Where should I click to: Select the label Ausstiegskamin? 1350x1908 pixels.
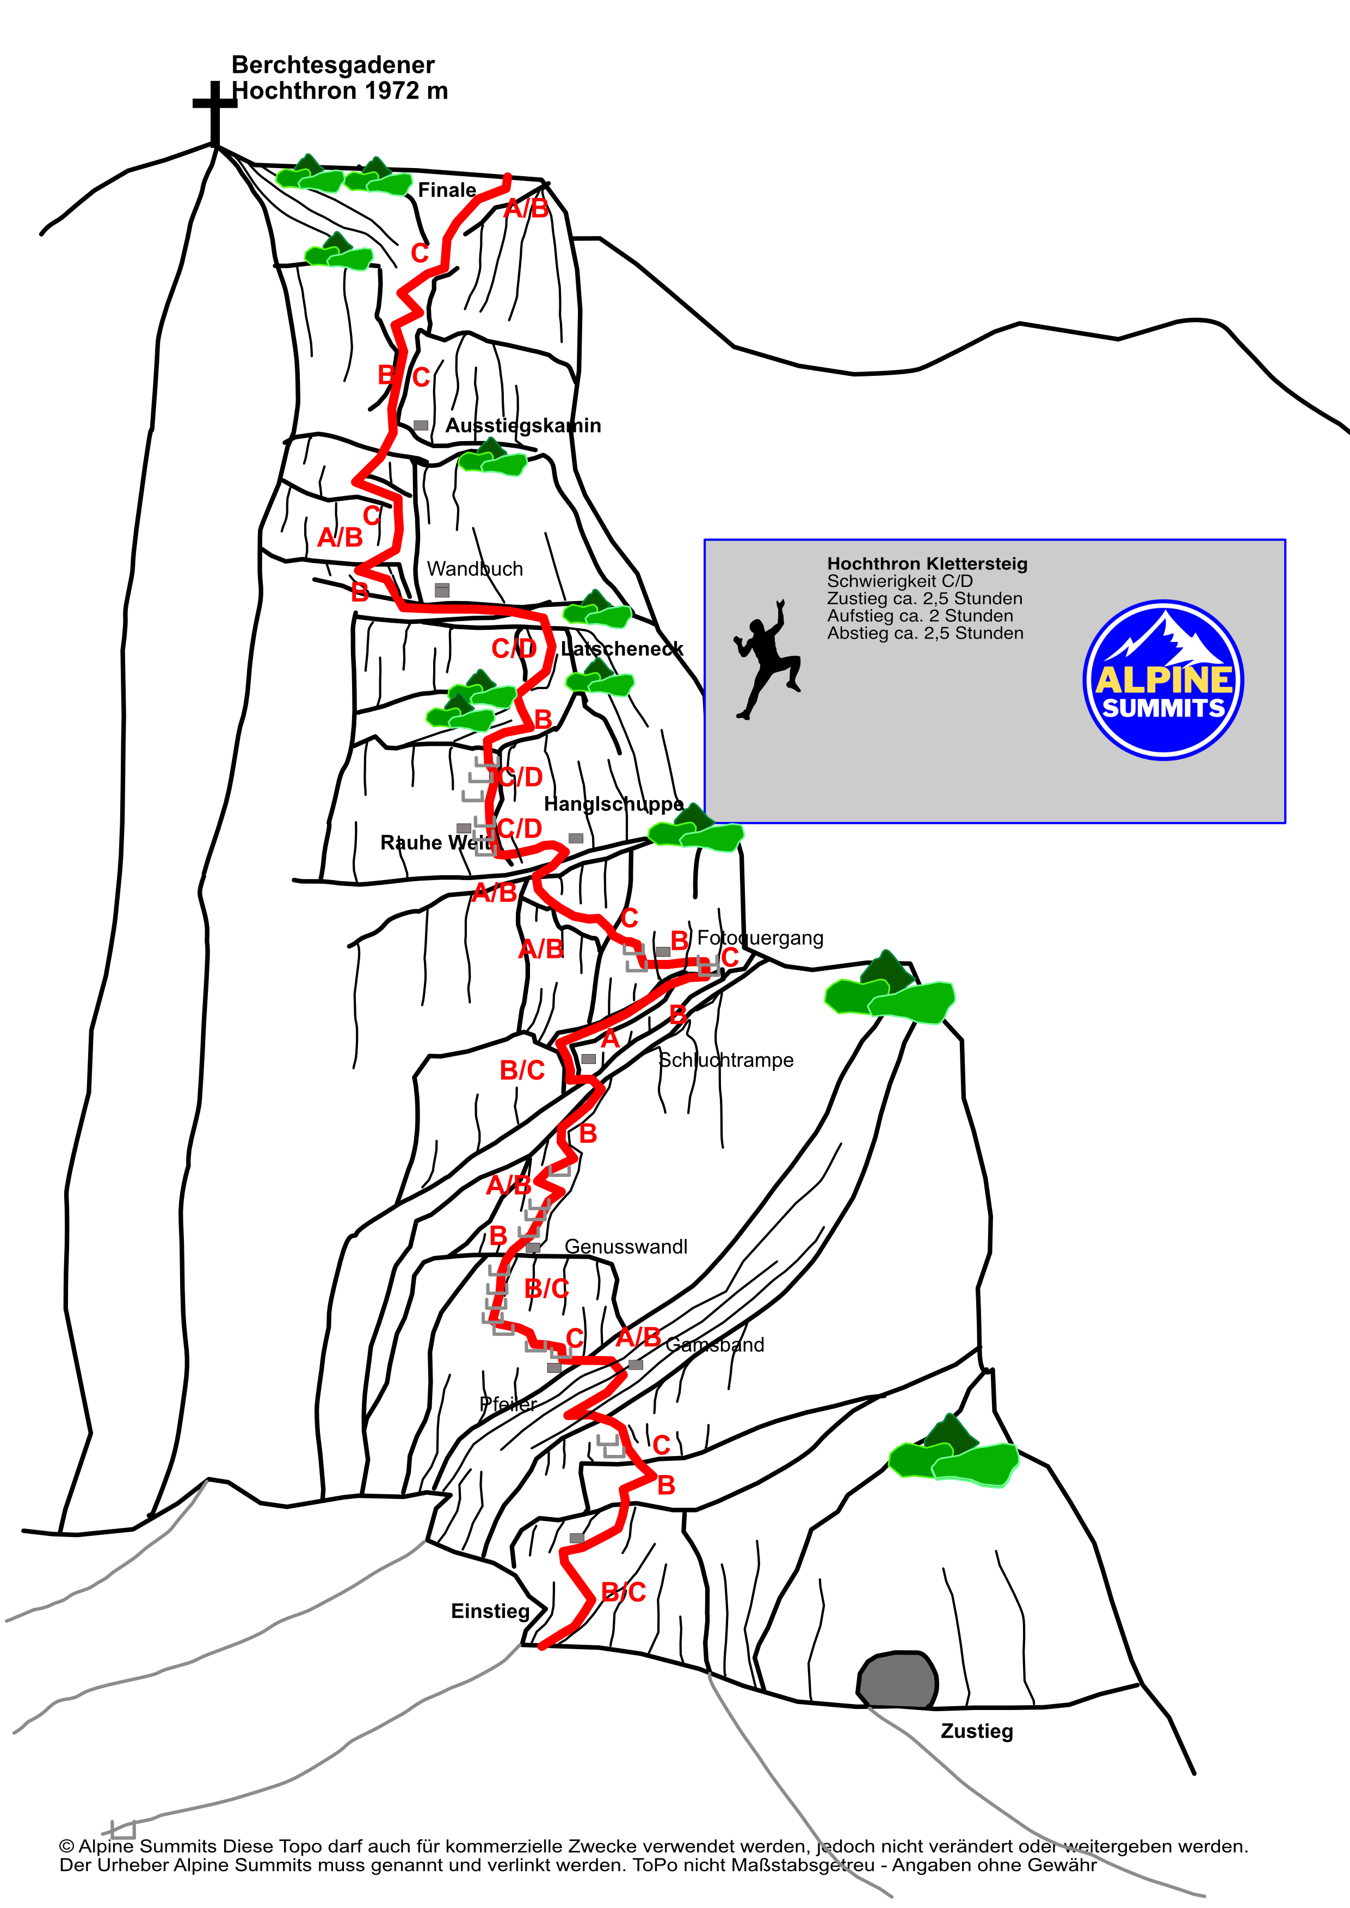coord(523,425)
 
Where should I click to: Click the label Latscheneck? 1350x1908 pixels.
coord(622,648)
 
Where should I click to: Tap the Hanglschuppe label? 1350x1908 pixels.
coord(613,804)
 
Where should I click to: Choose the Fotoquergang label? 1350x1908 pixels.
coord(760,938)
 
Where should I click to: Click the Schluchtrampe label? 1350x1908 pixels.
coord(726,1061)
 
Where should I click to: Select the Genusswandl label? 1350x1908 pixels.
coord(626,1247)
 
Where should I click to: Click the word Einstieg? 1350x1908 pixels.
coord(490,1612)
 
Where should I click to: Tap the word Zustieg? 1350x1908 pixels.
coord(977,1731)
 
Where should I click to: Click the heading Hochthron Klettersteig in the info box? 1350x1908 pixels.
coord(927,563)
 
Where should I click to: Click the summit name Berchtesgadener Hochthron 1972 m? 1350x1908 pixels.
coord(339,77)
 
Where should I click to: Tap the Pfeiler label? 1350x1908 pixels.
coord(508,1404)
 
